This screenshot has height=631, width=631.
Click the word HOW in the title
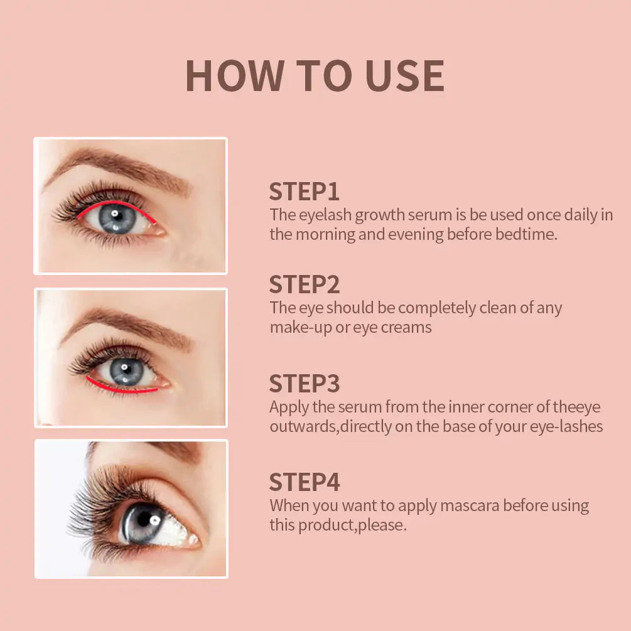click(x=234, y=77)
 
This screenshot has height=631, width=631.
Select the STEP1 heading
click(x=305, y=191)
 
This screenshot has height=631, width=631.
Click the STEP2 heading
click(x=305, y=284)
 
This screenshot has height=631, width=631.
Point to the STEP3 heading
click(x=305, y=383)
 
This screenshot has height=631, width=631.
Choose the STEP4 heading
click(x=305, y=482)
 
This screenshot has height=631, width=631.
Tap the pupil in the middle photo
click(x=126, y=372)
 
